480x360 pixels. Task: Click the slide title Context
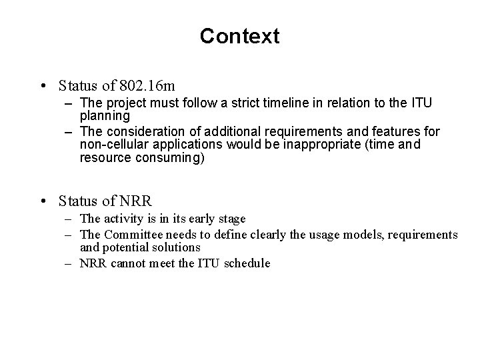click(239, 36)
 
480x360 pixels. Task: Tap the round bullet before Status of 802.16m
click(43, 87)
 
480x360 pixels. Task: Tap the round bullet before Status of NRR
click(43, 200)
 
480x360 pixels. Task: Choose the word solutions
click(177, 247)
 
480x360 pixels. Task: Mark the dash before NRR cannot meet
click(69, 263)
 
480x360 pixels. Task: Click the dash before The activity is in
click(69, 219)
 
